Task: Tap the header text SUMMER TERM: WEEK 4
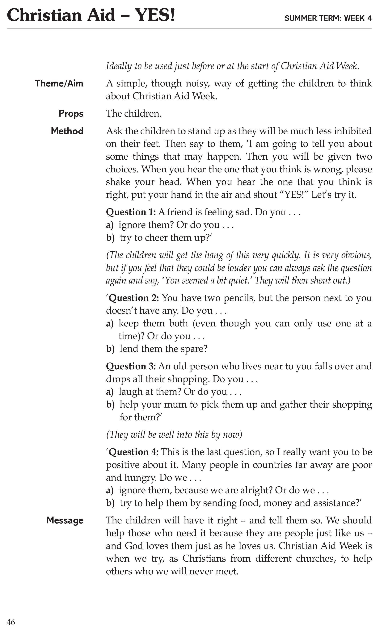point(328,18)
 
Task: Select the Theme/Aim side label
point(59,83)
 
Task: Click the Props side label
point(71,114)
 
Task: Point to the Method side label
point(67,131)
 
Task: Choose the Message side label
point(65,521)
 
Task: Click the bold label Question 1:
point(131,212)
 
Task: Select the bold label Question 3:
point(131,366)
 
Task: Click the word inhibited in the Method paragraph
point(353,131)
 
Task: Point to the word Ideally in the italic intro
point(119,66)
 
